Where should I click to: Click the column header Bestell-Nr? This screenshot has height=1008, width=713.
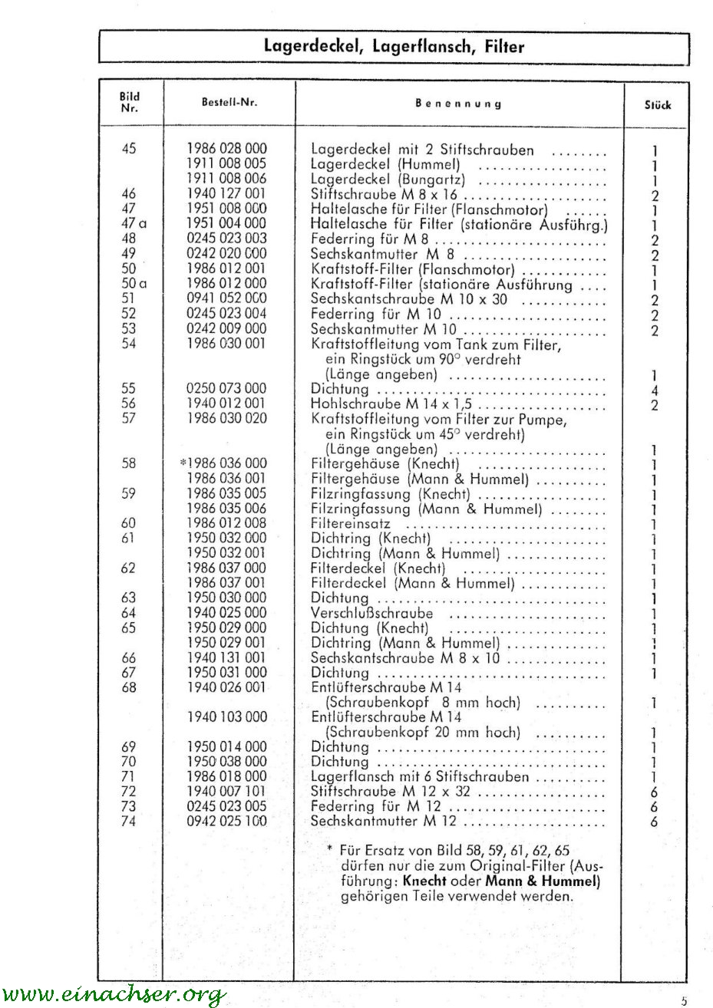229,103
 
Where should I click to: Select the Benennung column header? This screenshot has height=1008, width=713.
458,103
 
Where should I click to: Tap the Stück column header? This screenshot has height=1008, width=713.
658,104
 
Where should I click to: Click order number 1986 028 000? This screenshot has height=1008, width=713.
227,149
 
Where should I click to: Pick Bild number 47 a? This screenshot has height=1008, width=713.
130,224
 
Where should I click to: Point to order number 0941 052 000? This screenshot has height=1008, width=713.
227,298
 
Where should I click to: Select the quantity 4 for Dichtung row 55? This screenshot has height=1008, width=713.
655,390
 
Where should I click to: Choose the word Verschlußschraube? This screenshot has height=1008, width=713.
371,613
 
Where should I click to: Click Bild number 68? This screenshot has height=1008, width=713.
129,687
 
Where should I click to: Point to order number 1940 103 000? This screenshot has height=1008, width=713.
227,717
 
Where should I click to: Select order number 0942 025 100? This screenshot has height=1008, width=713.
227,822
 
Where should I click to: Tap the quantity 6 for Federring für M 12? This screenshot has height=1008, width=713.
655,807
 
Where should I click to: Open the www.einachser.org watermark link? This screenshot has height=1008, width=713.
114,995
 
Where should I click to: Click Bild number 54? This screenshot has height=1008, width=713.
129,344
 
